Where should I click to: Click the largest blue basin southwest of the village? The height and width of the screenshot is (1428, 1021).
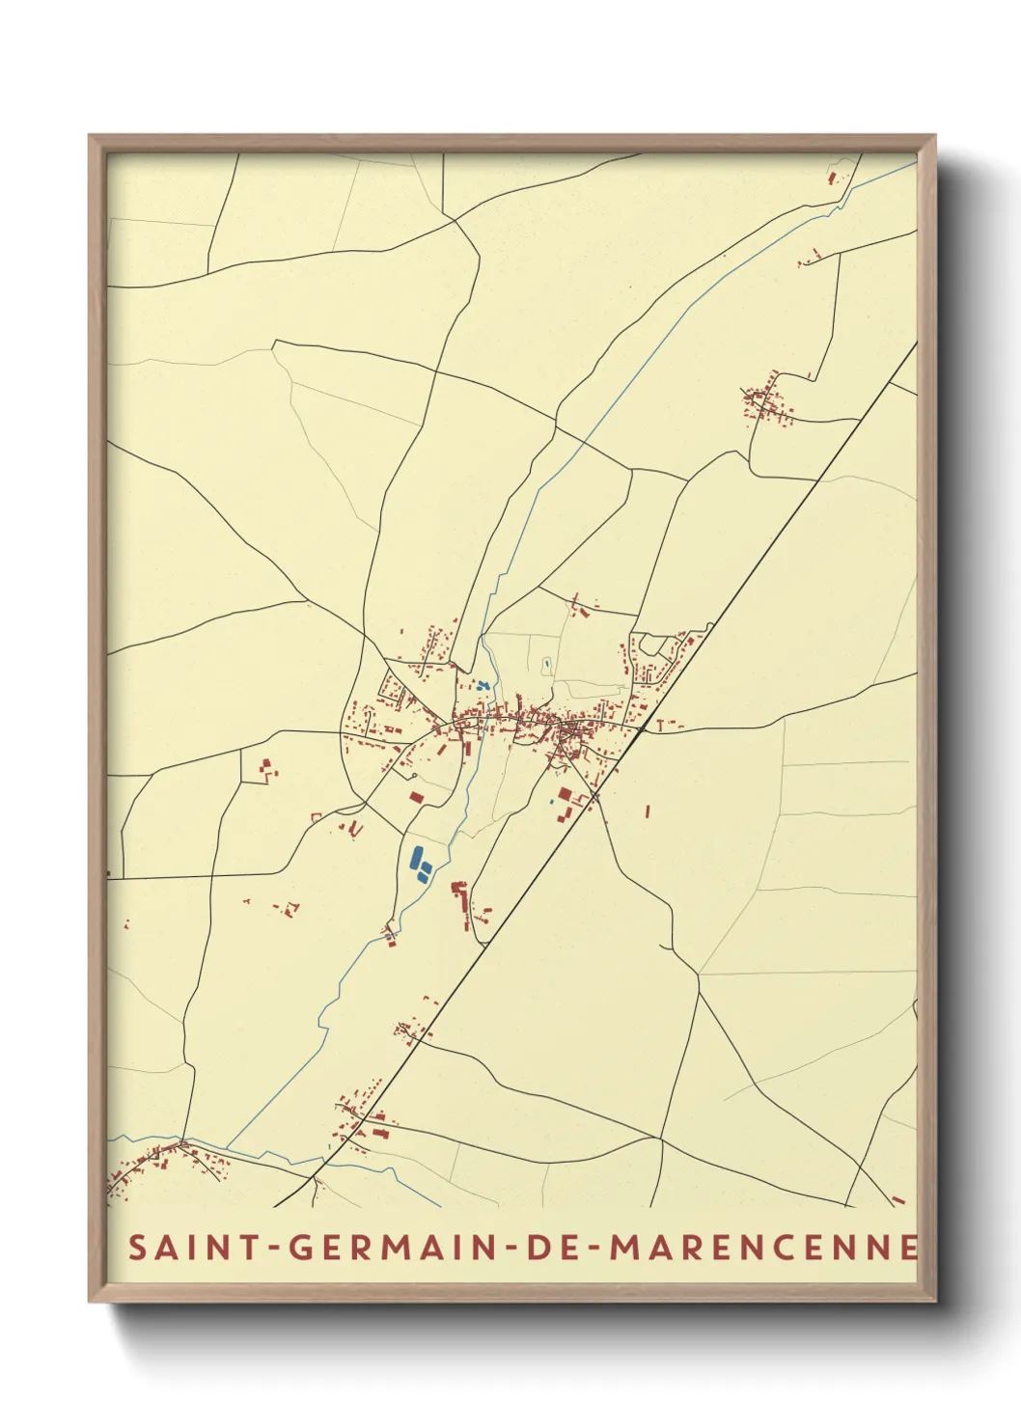click(417, 856)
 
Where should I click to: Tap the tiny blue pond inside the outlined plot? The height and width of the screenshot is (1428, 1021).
click(547, 663)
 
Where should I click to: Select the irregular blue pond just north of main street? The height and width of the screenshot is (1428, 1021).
click(483, 685)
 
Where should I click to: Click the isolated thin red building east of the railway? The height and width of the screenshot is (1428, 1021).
click(648, 811)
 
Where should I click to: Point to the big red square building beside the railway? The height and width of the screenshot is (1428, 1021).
click(565, 794)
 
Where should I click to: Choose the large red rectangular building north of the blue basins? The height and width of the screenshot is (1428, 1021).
click(416, 797)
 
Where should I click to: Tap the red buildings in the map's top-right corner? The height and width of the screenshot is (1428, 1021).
click(832, 178)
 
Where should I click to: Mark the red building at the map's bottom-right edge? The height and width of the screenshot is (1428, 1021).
click(899, 1199)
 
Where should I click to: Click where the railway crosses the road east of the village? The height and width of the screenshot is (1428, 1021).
click(641, 730)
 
